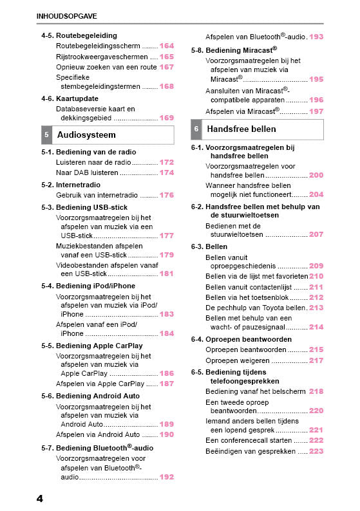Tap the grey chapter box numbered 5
point(46,135)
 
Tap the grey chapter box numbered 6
point(196,129)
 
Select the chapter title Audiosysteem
point(86,135)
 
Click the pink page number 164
point(167,46)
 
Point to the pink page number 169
point(167,118)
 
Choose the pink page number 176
point(167,195)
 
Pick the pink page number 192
point(167,478)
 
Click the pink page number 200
point(316,175)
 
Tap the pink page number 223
point(316,452)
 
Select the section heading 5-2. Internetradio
point(75,185)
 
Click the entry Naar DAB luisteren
point(88,172)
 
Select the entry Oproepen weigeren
point(237,360)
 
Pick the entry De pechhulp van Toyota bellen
point(255,308)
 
